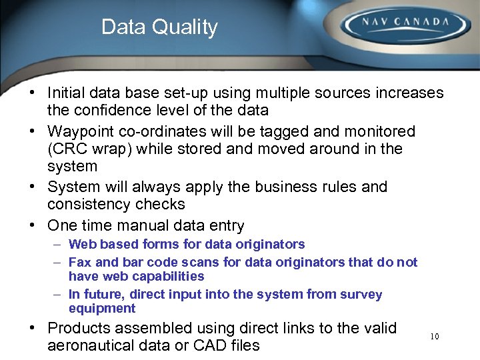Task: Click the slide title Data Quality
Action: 159,27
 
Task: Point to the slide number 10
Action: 435,337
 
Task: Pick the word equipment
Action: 102,308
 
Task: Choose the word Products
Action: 81,328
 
